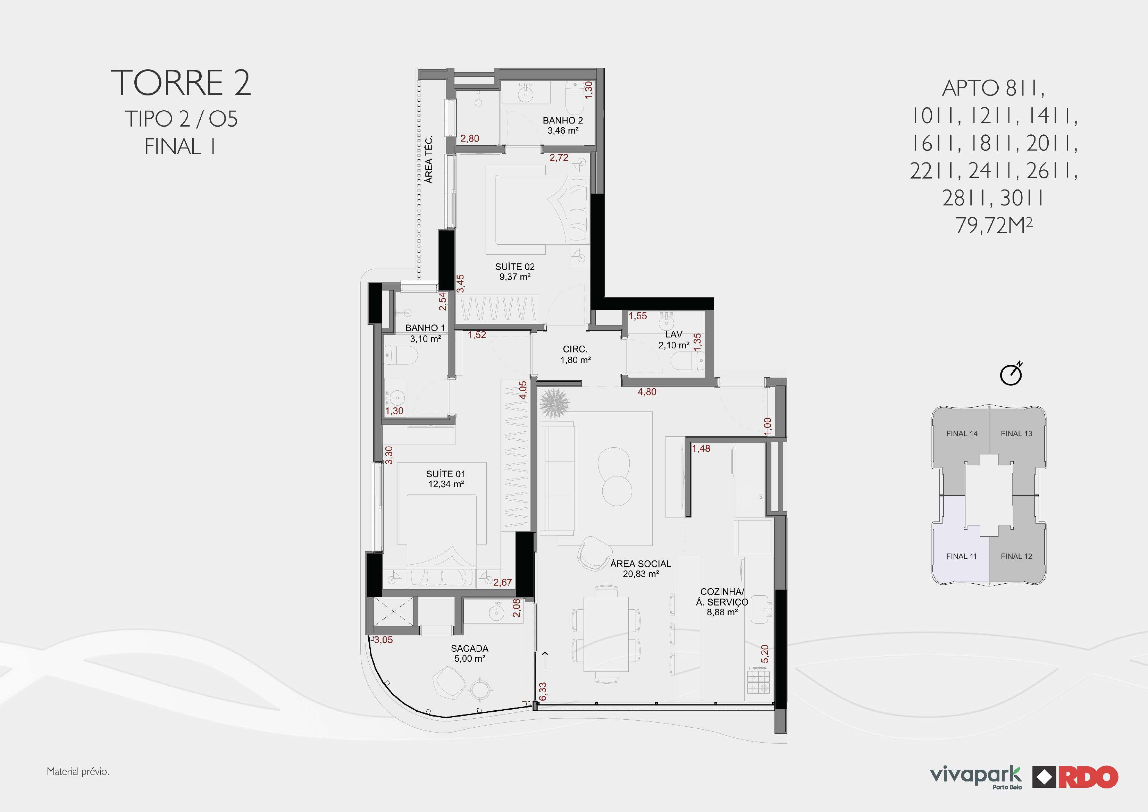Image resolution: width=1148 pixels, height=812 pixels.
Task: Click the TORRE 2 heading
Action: [x=180, y=83]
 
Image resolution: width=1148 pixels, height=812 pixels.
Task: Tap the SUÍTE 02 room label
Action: [x=515, y=267]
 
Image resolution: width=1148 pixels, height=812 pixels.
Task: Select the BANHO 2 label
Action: [x=563, y=120]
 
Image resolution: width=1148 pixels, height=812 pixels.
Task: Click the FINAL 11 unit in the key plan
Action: [x=961, y=556]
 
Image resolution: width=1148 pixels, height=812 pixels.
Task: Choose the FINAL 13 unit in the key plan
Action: [x=1016, y=433]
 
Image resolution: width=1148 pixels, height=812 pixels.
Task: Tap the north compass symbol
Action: [x=1011, y=374]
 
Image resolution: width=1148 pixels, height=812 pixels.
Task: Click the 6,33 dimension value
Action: [x=543, y=692]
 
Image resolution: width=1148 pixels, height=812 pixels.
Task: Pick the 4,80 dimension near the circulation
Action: [x=647, y=392]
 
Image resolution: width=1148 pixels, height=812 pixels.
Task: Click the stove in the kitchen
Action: [x=758, y=681]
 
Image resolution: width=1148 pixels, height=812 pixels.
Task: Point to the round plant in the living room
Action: [x=554, y=403]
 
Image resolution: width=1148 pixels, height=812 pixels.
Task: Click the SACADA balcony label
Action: [x=469, y=649]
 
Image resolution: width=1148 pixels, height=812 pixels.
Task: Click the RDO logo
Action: [x=1075, y=777]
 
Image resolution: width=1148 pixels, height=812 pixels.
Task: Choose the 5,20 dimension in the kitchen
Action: [x=764, y=654]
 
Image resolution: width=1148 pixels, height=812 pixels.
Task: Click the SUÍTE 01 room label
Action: [x=446, y=474]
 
